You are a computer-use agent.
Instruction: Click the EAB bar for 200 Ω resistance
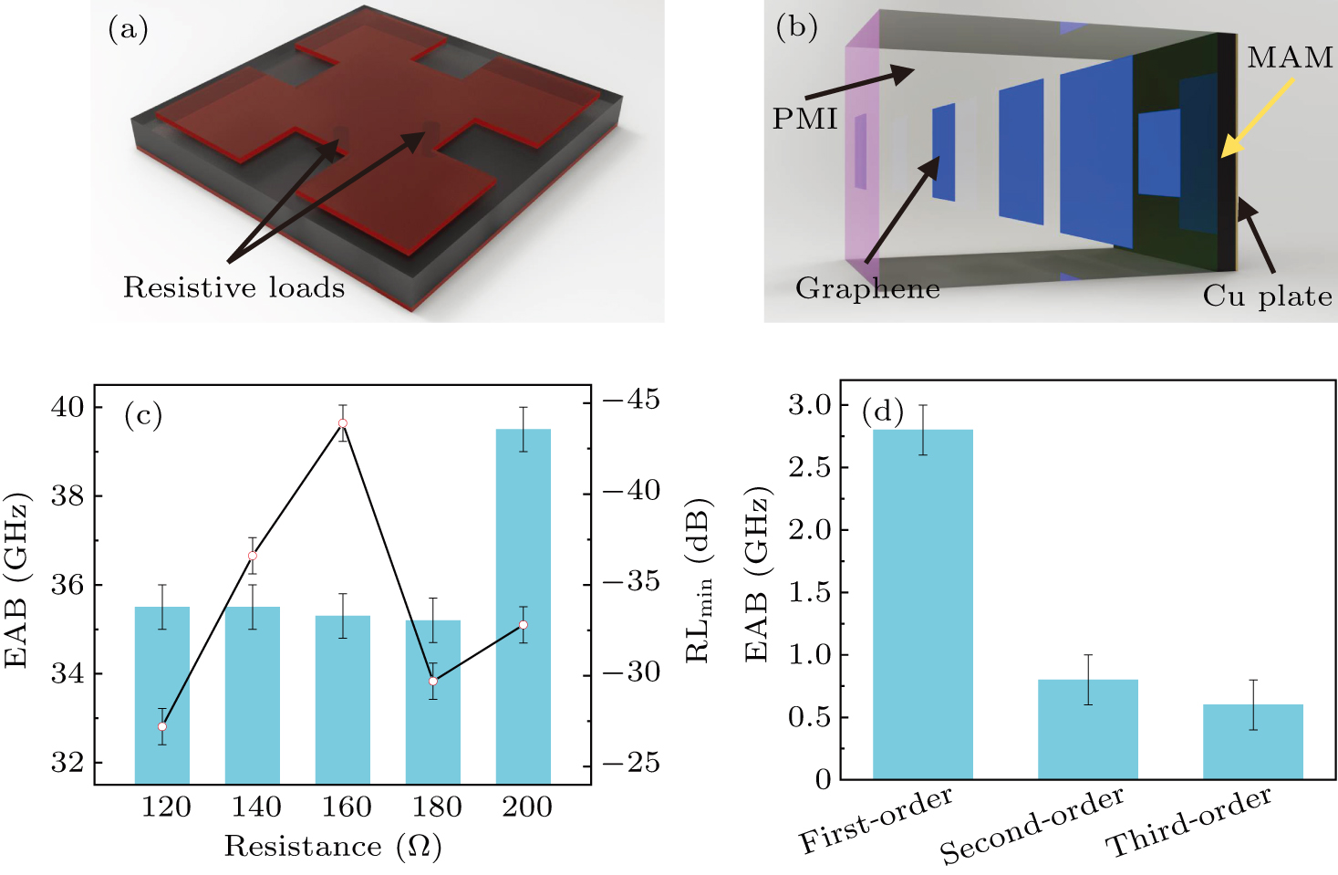523,606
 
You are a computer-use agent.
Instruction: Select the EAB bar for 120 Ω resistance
162,694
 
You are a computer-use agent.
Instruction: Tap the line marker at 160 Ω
343,423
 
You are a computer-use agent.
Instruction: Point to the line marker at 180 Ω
433,682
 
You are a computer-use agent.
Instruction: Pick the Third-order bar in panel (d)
1252,741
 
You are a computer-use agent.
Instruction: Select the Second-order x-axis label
1032,825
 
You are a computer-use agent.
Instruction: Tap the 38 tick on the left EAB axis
68,496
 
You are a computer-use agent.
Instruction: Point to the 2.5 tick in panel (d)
810,468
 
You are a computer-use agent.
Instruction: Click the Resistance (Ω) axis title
333,847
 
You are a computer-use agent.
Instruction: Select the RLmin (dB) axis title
700,580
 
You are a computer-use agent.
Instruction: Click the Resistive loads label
234,288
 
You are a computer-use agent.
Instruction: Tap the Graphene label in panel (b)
867,289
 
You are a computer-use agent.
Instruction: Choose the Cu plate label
1267,297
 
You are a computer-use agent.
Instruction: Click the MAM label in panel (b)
1290,58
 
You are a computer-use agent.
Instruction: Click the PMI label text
804,120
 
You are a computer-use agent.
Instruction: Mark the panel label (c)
142,416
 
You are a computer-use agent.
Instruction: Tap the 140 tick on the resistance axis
256,807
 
